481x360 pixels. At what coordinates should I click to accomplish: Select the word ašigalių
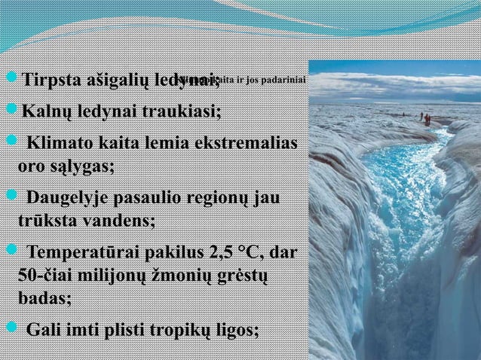[112, 79]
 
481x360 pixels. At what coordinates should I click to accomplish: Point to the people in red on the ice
[427, 118]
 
